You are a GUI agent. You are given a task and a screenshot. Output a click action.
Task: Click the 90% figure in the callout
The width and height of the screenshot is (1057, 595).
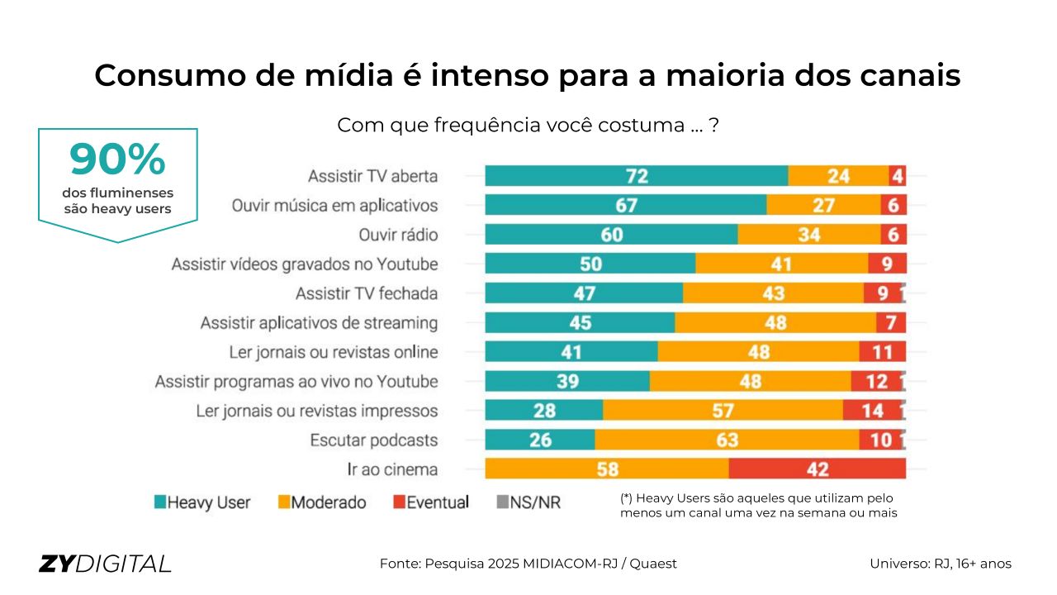point(117,160)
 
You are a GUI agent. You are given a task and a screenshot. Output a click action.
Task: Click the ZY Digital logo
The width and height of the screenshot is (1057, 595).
point(105,564)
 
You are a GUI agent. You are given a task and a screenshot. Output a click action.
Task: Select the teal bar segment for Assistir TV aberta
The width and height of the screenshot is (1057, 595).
point(636,176)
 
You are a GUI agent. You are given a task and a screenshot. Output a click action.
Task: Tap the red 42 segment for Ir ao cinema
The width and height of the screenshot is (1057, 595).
point(817,469)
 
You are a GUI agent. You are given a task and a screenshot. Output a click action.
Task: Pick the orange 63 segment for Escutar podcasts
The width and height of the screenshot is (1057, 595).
point(727,440)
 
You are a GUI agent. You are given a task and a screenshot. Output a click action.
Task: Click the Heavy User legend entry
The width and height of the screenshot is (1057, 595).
point(202,502)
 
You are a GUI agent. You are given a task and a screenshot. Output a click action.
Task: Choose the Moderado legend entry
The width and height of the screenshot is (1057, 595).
point(321,502)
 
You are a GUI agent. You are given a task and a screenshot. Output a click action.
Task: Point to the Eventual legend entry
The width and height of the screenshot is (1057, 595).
point(430,502)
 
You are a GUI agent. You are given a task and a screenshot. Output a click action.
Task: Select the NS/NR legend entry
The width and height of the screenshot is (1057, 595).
point(528,502)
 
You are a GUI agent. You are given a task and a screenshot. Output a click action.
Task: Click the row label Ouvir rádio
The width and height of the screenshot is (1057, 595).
point(398,236)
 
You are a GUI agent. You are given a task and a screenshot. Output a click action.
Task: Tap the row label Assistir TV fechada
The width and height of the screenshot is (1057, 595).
point(367,294)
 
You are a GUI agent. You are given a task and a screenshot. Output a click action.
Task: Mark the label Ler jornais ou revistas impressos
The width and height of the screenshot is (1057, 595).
point(317,411)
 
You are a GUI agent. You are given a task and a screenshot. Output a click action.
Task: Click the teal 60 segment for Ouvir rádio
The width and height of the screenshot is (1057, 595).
point(611,235)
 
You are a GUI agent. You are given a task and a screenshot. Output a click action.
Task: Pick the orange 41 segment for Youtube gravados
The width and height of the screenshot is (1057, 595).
point(781,264)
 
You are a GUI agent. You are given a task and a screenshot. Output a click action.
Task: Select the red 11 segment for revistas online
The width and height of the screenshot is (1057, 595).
point(882,352)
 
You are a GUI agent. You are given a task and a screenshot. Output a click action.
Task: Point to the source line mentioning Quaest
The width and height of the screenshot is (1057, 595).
point(528,564)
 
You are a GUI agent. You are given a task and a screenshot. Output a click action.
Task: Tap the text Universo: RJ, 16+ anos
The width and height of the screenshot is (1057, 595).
point(940,564)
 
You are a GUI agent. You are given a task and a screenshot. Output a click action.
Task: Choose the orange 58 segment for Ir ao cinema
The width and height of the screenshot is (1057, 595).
point(607,469)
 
